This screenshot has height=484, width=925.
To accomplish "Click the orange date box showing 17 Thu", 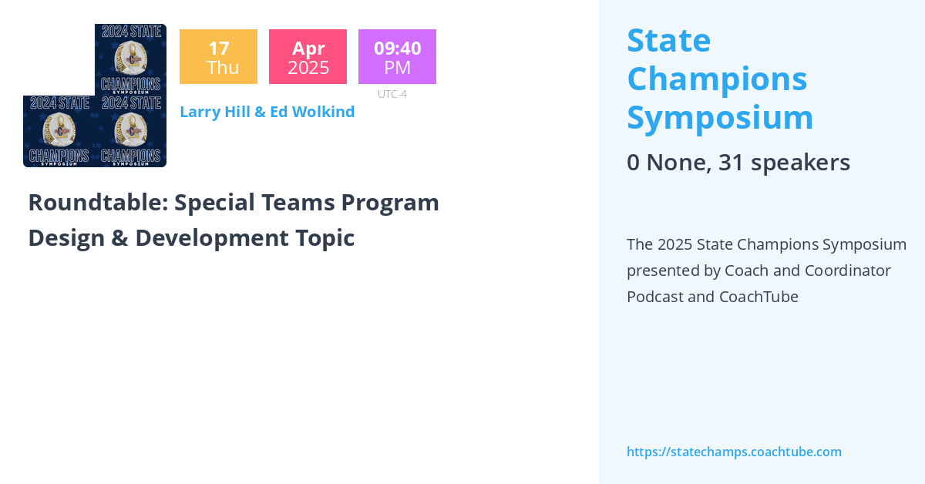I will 218,57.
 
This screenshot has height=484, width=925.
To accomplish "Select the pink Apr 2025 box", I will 308,57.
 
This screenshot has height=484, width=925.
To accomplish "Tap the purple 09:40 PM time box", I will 397,57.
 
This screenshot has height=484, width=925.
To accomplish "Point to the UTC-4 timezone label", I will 392,94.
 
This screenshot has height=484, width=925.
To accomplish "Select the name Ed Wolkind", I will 312,112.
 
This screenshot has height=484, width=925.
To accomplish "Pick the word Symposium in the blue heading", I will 720,117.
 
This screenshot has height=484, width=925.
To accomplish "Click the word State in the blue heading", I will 669,40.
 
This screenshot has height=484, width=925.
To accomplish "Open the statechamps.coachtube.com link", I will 734,452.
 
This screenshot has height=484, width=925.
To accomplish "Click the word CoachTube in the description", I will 758,297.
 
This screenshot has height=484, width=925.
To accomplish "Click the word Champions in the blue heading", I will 717,79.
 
